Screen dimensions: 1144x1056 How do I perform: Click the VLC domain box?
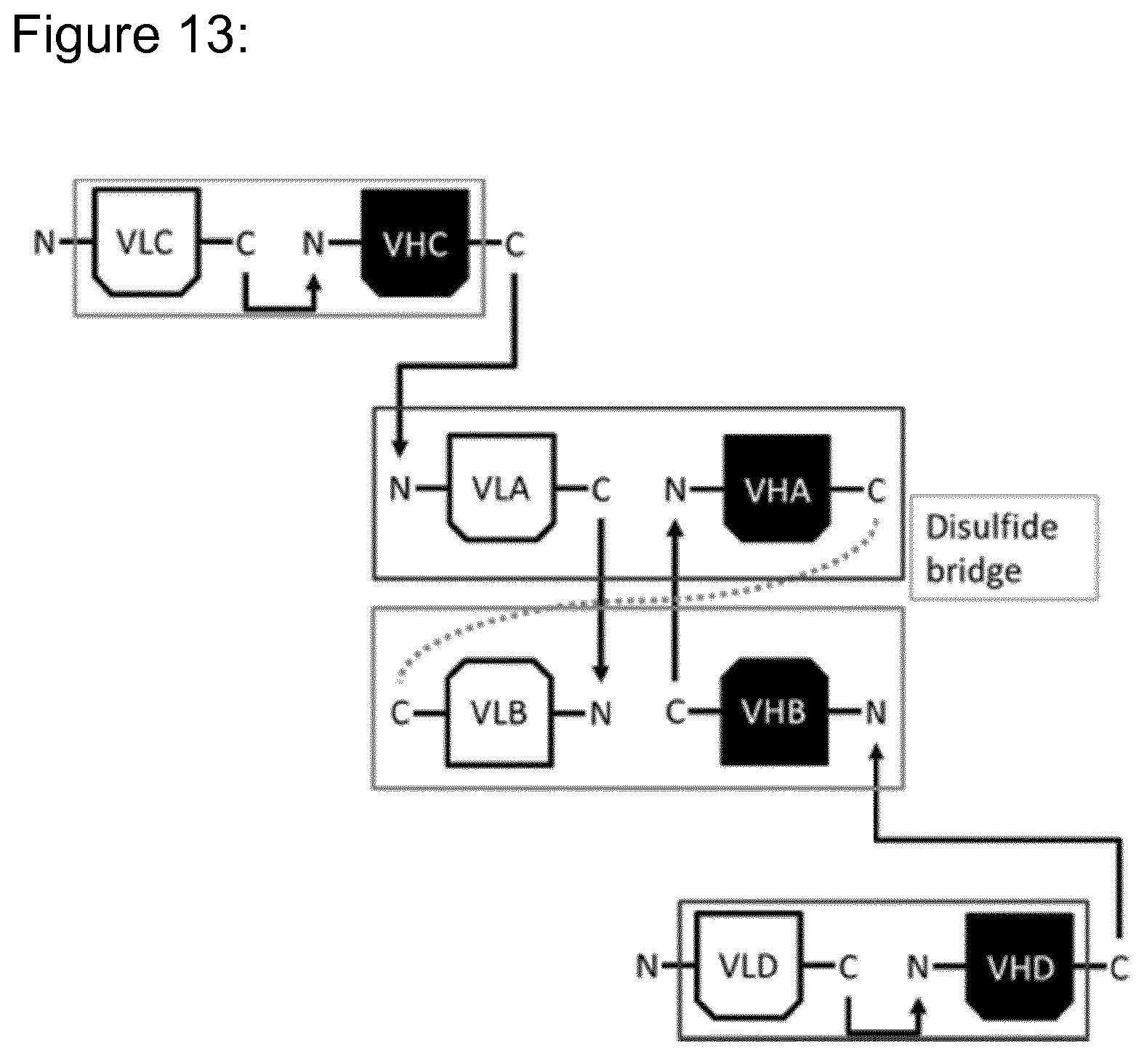click(x=146, y=243)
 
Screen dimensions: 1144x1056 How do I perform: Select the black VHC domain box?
click(x=415, y=243)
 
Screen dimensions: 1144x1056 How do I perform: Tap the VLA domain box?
click(x=501, y=488)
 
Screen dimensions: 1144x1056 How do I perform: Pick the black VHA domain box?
click(x=777, y=488)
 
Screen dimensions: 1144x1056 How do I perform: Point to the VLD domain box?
click(x=749, y=966)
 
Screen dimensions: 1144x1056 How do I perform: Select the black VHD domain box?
click(x=1020, y=966)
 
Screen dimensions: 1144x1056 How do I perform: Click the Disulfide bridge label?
click(x=992, y=548)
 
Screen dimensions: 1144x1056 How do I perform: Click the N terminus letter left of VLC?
click(x=45, y=243)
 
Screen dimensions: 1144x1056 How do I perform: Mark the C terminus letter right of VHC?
click(x=514, y=244)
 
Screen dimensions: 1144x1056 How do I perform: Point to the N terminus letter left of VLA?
click(x=400, y=488)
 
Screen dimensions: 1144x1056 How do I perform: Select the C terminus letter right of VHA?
click(x=877, y=491)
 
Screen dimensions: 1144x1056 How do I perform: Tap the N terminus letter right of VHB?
click(x=877, y=712)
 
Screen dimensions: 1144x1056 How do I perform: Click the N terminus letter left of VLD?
click(x=647, y=966)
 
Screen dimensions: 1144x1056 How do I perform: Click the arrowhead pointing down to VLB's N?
click(x=601, y=672)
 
